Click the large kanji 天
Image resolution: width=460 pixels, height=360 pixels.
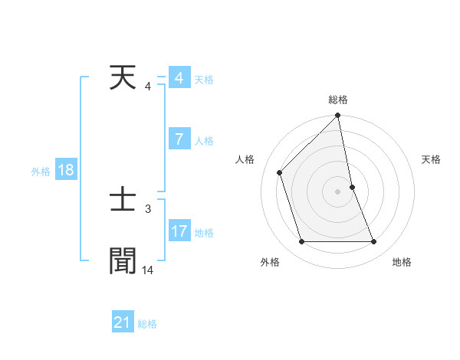point(123,79)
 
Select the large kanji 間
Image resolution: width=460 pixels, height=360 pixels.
point(123,260)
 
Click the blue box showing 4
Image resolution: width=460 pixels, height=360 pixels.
point(179,79)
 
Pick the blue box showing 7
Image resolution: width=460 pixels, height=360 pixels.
point(179,140)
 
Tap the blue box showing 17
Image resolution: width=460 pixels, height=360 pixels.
point(179,231)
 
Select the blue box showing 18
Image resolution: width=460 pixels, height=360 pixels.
point(66,171)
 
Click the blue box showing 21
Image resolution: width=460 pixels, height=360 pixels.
point(123,323)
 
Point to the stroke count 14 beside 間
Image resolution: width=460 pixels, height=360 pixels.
point(148,270)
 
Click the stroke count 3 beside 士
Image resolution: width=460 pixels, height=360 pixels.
point(148,208)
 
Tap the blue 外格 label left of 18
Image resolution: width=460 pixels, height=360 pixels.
point(41,172)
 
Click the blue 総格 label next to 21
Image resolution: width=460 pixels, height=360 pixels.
point(147,324)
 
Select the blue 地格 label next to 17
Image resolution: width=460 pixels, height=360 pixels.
point(204,232)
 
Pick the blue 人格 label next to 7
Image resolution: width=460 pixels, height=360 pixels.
point(204,141)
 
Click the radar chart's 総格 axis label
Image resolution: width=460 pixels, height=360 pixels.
point(338,100)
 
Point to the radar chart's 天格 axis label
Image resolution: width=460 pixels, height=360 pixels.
point(431,159)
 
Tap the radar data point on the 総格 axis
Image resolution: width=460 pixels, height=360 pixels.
point(338,116)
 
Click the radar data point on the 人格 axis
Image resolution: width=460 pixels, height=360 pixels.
point(280,172)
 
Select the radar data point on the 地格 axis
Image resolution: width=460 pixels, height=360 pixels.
point(374,242)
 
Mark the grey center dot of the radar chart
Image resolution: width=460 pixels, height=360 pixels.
point(338,191)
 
